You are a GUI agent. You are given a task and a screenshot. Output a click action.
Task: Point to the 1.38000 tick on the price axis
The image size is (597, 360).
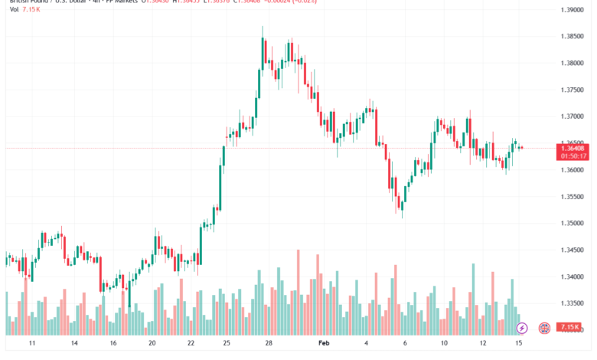point(575,63)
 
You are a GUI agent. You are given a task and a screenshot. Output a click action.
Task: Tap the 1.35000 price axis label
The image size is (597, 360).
point(575,223)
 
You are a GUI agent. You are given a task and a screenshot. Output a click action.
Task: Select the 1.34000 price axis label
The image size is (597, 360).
point(575,277)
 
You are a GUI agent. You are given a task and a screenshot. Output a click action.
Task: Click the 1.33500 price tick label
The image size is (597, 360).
point(575,303)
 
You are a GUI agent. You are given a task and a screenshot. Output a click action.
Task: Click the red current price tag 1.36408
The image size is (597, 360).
point(574,147)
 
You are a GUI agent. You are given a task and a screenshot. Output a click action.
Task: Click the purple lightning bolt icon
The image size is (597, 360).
point(522,328)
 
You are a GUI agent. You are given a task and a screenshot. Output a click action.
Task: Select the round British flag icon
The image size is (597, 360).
point(545,328)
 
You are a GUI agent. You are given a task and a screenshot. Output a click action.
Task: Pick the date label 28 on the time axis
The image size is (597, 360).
point(268,345)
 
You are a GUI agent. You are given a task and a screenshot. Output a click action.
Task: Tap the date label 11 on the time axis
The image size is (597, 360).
point(32,345)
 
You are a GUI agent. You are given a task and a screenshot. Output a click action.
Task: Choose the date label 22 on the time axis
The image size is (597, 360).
point(191,345)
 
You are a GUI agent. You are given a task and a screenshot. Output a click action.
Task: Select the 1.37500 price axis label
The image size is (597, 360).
point(575,90)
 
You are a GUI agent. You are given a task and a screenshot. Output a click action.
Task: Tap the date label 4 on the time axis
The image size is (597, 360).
point(367,345)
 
